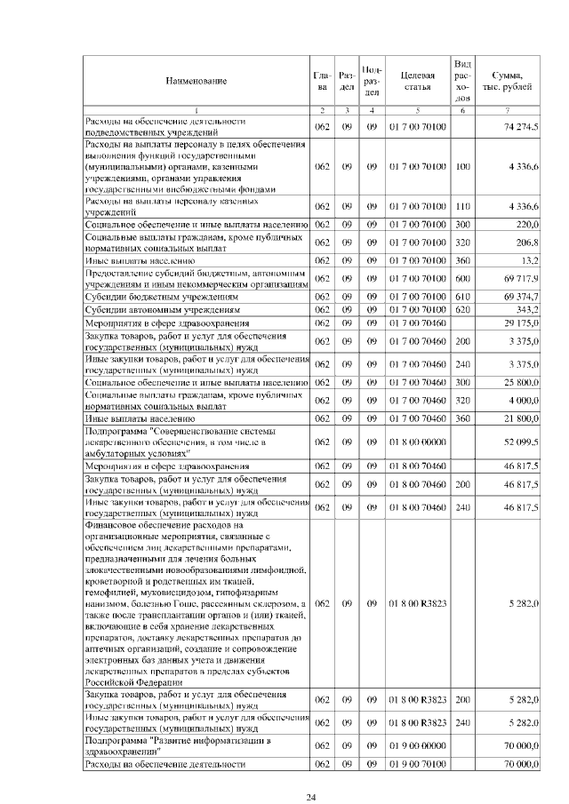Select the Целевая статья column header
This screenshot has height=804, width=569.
(x=416, y=81)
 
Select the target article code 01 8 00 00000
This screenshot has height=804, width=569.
(x=416, y=442)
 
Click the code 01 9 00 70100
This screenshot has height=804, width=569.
(x=416, y=763)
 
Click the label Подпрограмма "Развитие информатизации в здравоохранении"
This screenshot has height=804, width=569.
(x=178, y=744)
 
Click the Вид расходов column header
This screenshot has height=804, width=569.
(x=462, y=81)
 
